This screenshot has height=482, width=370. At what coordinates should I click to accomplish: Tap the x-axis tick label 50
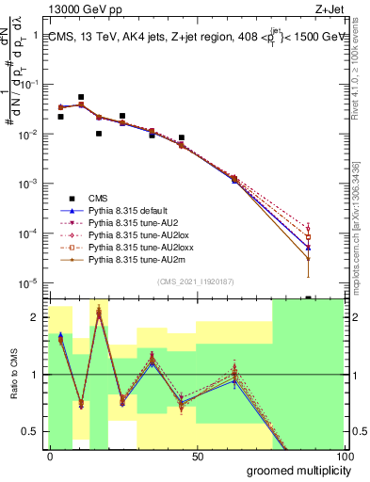pyautogui.click(x=198, y=456)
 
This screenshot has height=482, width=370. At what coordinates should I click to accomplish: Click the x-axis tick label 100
pyautogui.click(x=346, y=456)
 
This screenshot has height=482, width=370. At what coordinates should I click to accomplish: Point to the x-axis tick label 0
pyautogui.click(x=50, y=456)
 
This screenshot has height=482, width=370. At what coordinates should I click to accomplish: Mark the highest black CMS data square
pyautogui.click(x=81, y=97)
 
